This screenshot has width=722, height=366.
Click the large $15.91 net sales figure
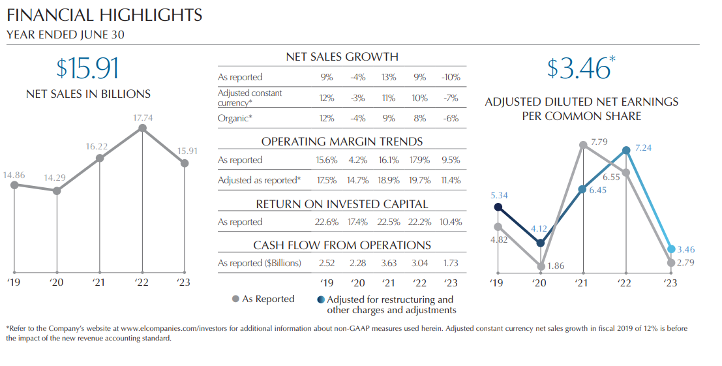tap(88, 69)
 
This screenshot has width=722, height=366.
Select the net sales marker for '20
tap(57, 191)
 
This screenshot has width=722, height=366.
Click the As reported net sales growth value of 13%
tap(389, 77)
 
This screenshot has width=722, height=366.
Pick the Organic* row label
tap(235, 118)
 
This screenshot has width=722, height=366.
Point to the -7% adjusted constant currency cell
tap(451, 98)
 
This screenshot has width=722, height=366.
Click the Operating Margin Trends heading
tap(342, 142)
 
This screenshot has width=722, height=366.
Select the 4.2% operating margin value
tap(358, 160)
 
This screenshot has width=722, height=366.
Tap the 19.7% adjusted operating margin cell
tap(419, 180)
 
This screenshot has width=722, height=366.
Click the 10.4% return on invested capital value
tap(450, 222)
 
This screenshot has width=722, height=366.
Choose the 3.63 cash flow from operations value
tap(389, 263)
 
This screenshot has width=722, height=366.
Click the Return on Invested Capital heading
tap(342, 204)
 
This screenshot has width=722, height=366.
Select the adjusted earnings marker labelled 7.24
tap(626, 150)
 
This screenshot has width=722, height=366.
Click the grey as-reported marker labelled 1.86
tap(541, 266)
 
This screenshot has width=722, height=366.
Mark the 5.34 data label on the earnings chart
tap(498, 195)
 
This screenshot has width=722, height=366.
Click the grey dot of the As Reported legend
tap(235, 299)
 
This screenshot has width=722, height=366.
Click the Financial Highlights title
tap(104, 15)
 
